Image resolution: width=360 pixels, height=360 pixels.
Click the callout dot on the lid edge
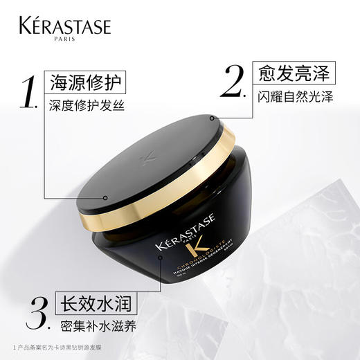(105, 198)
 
